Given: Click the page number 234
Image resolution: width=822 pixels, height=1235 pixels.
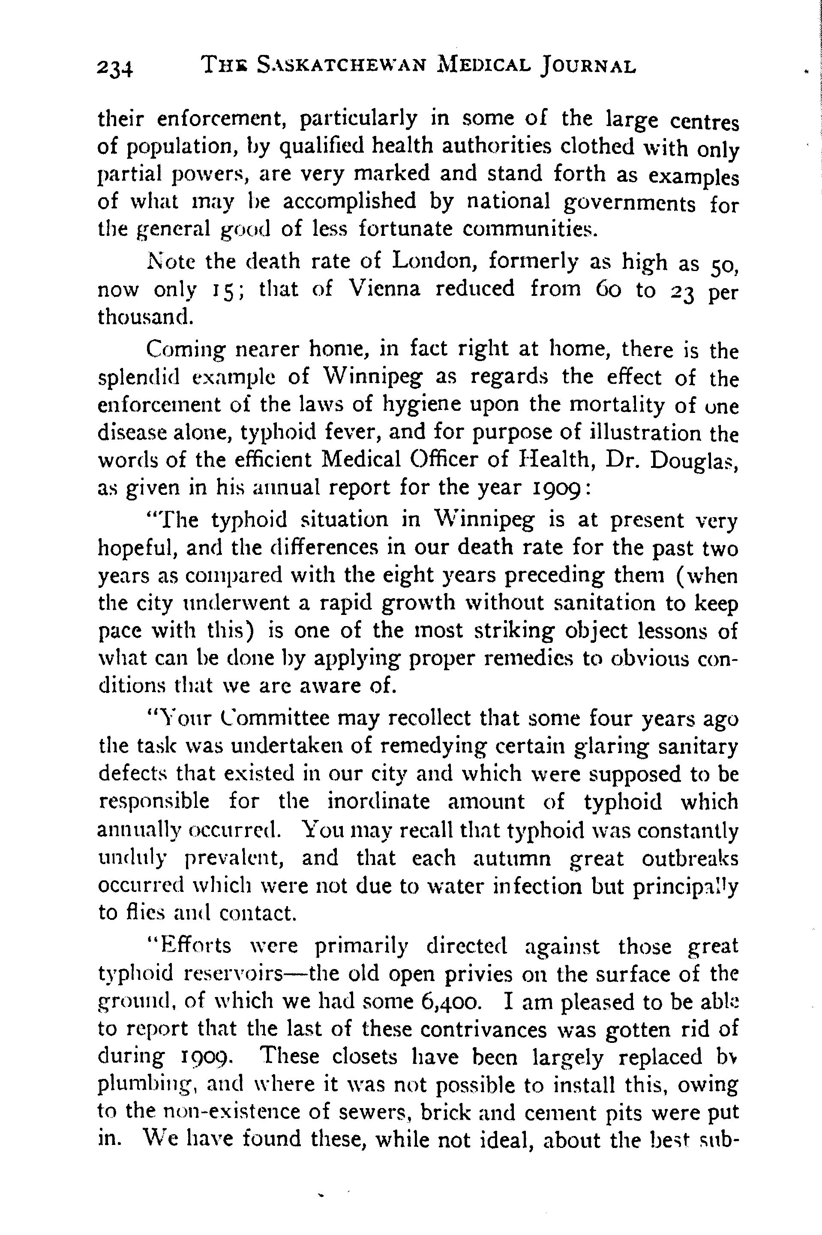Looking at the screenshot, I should tap(115, 68).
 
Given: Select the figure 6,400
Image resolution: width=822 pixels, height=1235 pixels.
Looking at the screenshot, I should tap(449, 1002).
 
